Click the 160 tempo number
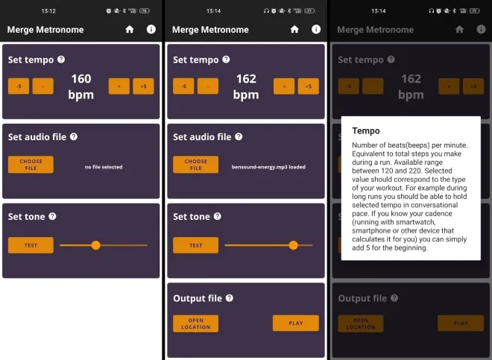click(81, 78)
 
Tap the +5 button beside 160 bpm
click(143, 86)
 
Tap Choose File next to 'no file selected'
click(31, 165)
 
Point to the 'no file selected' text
click(104, 167)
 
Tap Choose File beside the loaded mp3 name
click(195, 165)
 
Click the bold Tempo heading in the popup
click(366, 130)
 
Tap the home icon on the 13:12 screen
click(130, 29)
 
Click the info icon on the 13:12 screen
click(151, 29)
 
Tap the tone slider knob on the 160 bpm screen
click(95, 245)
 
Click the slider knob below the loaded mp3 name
click(293, 245)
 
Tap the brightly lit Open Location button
click(195, 323)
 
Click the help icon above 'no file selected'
click(74, 136)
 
